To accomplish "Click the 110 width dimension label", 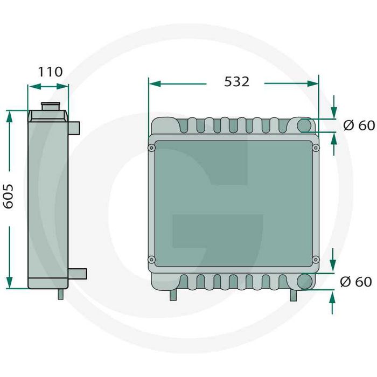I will [50, 72].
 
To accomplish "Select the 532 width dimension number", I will [236, 82].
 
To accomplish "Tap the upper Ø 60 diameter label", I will [358, 125].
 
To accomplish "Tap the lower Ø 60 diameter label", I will [356, 281].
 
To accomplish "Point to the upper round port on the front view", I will [305, 125].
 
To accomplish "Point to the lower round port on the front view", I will [305, 281].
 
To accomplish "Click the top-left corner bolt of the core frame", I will [152, 148].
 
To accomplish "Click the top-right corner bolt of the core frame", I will [315, 148].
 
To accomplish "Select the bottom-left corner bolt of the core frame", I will [152, 260].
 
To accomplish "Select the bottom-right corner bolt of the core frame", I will [315, 260].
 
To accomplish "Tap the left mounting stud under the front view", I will [173, 295].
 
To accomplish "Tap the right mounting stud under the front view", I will [294, 295].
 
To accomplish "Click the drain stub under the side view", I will [60, 294].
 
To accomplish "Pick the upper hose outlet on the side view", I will [74, 128].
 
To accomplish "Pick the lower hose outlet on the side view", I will [78, 274].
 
